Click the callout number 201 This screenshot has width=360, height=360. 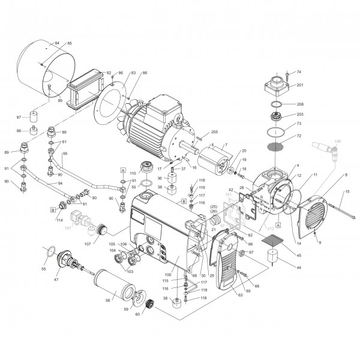click(299, 85)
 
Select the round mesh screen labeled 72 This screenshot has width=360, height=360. click(275, 146)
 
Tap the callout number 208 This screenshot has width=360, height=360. click(299, 104)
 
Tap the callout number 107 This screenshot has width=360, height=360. click(88, 244)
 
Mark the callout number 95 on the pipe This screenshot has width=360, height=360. click(65, 154)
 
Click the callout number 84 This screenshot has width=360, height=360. click(57, 43)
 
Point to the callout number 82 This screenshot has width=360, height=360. click(109, 73)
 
